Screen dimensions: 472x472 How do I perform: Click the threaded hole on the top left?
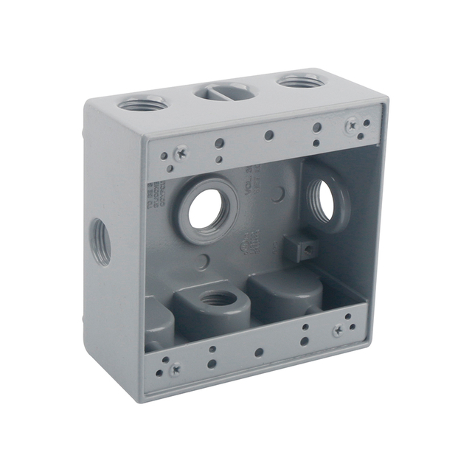(142, 104)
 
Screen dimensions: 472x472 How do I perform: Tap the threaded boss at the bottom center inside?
(217, 300)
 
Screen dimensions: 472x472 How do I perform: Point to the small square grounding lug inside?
(299, 249)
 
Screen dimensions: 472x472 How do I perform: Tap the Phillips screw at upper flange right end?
(352, 125)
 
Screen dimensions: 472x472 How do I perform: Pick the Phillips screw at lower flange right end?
(338, 331)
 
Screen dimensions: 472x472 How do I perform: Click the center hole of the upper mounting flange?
(269, 136)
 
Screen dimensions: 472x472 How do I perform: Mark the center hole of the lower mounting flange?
(258, 352)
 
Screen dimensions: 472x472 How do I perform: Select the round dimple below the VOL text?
(277, 195)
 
